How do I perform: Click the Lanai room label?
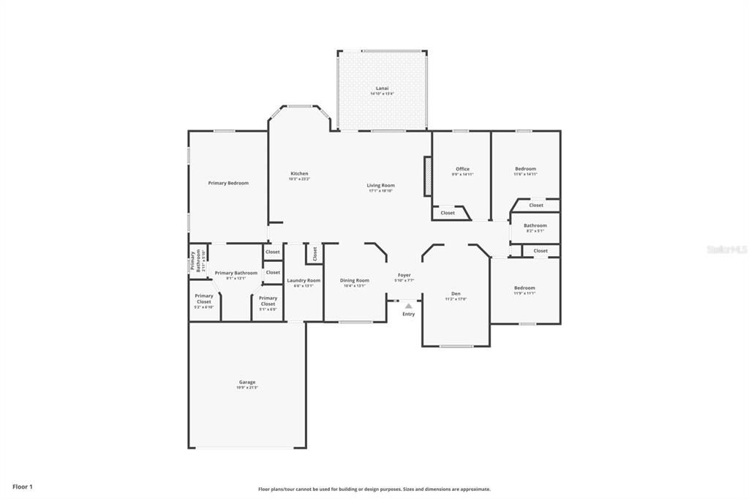[382, 89]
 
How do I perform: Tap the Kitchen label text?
[299, 173]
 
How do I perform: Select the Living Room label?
[380, 185]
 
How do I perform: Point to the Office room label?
[462, 169]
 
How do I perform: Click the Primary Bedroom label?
[228, 183]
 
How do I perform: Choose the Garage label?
[246, 382]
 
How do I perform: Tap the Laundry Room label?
[304, 280]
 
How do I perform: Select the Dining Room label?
[355, 280]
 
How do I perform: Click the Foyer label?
[404, 275]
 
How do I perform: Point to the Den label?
[456, 293]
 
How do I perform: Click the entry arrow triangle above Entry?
[408, 307]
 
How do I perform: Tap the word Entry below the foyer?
[408, 314]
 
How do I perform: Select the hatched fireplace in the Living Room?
[428, 176]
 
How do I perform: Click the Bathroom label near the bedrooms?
[535, 225]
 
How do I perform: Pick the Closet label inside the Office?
[448, 213]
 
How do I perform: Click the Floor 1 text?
[23, 487]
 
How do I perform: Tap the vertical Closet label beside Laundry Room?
[315, 253]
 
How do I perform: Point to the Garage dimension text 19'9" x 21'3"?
[246, 388]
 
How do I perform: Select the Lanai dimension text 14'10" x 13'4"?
[382, 94]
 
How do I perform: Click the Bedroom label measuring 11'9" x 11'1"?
[524, 288]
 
